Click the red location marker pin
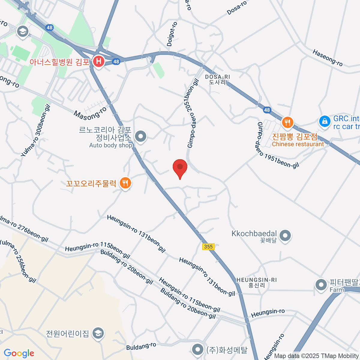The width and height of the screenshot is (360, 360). click(x=180, y=167)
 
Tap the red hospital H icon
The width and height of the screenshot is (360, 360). click(x=98, y=62)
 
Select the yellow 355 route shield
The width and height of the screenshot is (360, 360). click(x=208, y=247)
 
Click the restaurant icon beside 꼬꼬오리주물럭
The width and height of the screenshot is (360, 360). click(x=125, y=183)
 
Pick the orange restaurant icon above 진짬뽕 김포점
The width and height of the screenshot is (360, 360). click(x=287, y=122)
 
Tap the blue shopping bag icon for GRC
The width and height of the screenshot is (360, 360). click(x=324, y=121)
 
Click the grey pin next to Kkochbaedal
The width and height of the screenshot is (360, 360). click(x=285, y=235)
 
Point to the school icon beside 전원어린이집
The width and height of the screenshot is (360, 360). click(x=98, y=333)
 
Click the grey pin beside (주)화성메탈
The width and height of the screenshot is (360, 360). click(x=198, y=349)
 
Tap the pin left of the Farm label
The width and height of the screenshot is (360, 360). click(x=321, y=285)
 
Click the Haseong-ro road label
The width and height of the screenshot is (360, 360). click(x=327, y=58)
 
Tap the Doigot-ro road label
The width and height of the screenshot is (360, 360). click(x=172, y=34)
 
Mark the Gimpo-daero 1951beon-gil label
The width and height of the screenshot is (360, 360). click(x=277, y=145)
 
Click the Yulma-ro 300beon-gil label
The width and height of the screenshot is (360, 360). click(x=35, y=130)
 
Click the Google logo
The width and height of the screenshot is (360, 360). click(x=19, y=353)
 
